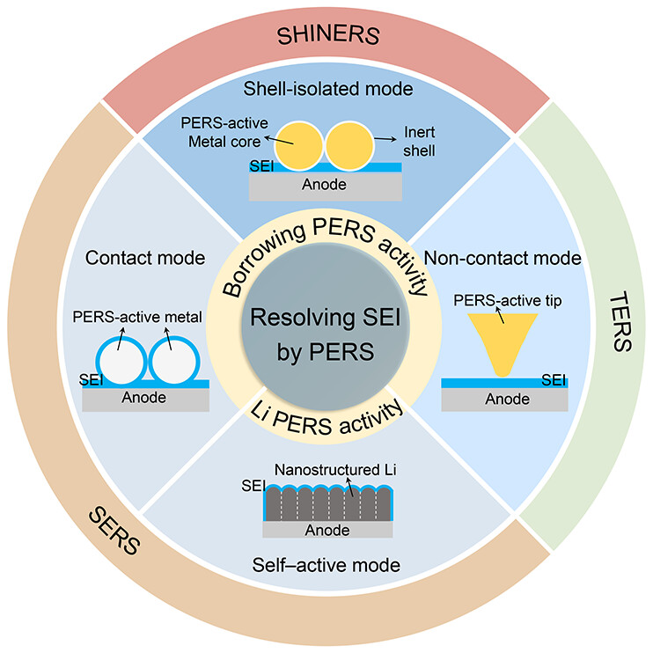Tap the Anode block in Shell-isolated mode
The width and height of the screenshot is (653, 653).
click(326, 185)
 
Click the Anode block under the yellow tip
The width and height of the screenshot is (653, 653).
click(503, 399)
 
